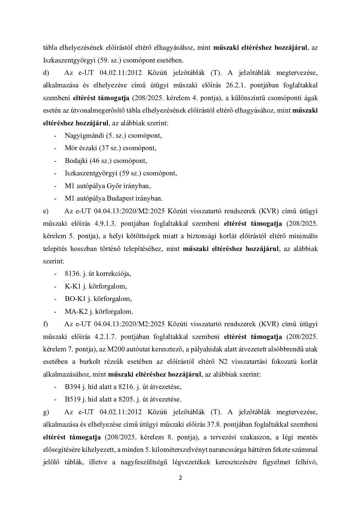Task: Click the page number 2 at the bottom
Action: (x=181, y=478)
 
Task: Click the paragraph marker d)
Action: (x=46, y=73)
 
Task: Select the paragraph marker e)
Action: (x=45, y=211)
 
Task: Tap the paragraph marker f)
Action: (x=45, y=324)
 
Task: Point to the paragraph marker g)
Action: (x=46, y=412)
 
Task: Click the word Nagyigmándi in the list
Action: (x=80, y=136)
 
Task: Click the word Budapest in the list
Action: (x=122, y=198)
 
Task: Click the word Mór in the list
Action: (x=70, y=148)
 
